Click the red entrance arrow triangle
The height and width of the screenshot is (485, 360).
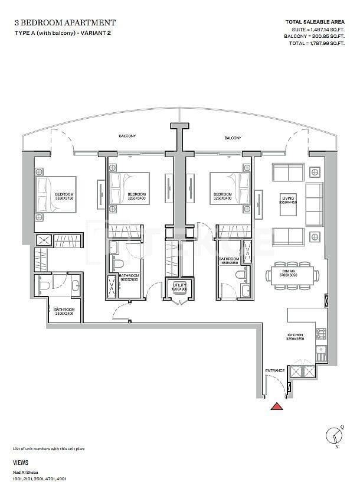[x=276, y=406]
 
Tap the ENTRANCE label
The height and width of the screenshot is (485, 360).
[x=275, y=370]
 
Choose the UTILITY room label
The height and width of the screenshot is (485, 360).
[x=179, y=287]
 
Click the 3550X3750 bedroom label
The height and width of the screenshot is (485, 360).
[x=64, y=197]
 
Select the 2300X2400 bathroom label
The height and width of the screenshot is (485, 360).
[x=64, y=311]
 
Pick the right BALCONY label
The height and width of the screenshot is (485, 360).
[x=233, y=138]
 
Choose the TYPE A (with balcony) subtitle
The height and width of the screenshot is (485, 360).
[x=61, y=32]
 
